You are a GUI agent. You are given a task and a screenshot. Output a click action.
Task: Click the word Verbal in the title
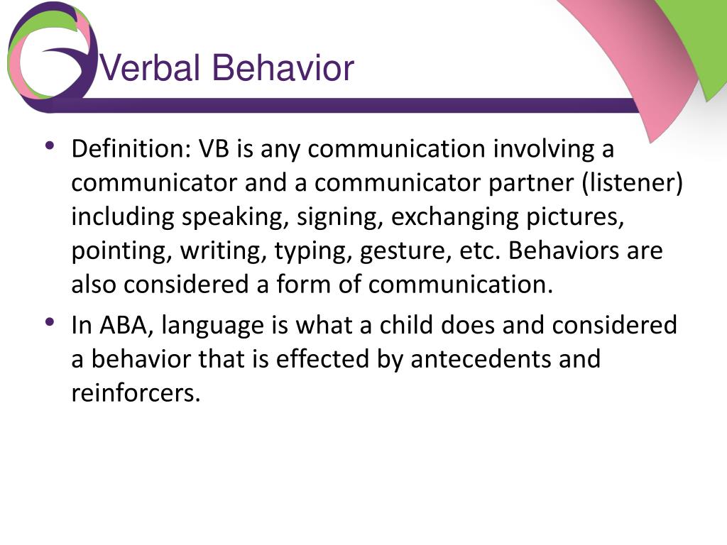(x=150, y=67)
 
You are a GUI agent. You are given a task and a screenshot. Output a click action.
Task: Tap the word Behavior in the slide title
(x=283, y=67)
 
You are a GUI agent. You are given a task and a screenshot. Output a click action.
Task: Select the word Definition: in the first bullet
(x=131, y=149)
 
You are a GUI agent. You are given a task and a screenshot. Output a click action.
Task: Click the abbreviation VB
(x=214, y=149)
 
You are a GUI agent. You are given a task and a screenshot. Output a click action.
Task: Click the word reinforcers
(x=136, y=393)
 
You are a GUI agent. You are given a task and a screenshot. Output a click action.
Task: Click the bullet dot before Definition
(x=50, y=145)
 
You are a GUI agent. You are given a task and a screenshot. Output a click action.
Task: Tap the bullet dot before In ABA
(x=50, y=321)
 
